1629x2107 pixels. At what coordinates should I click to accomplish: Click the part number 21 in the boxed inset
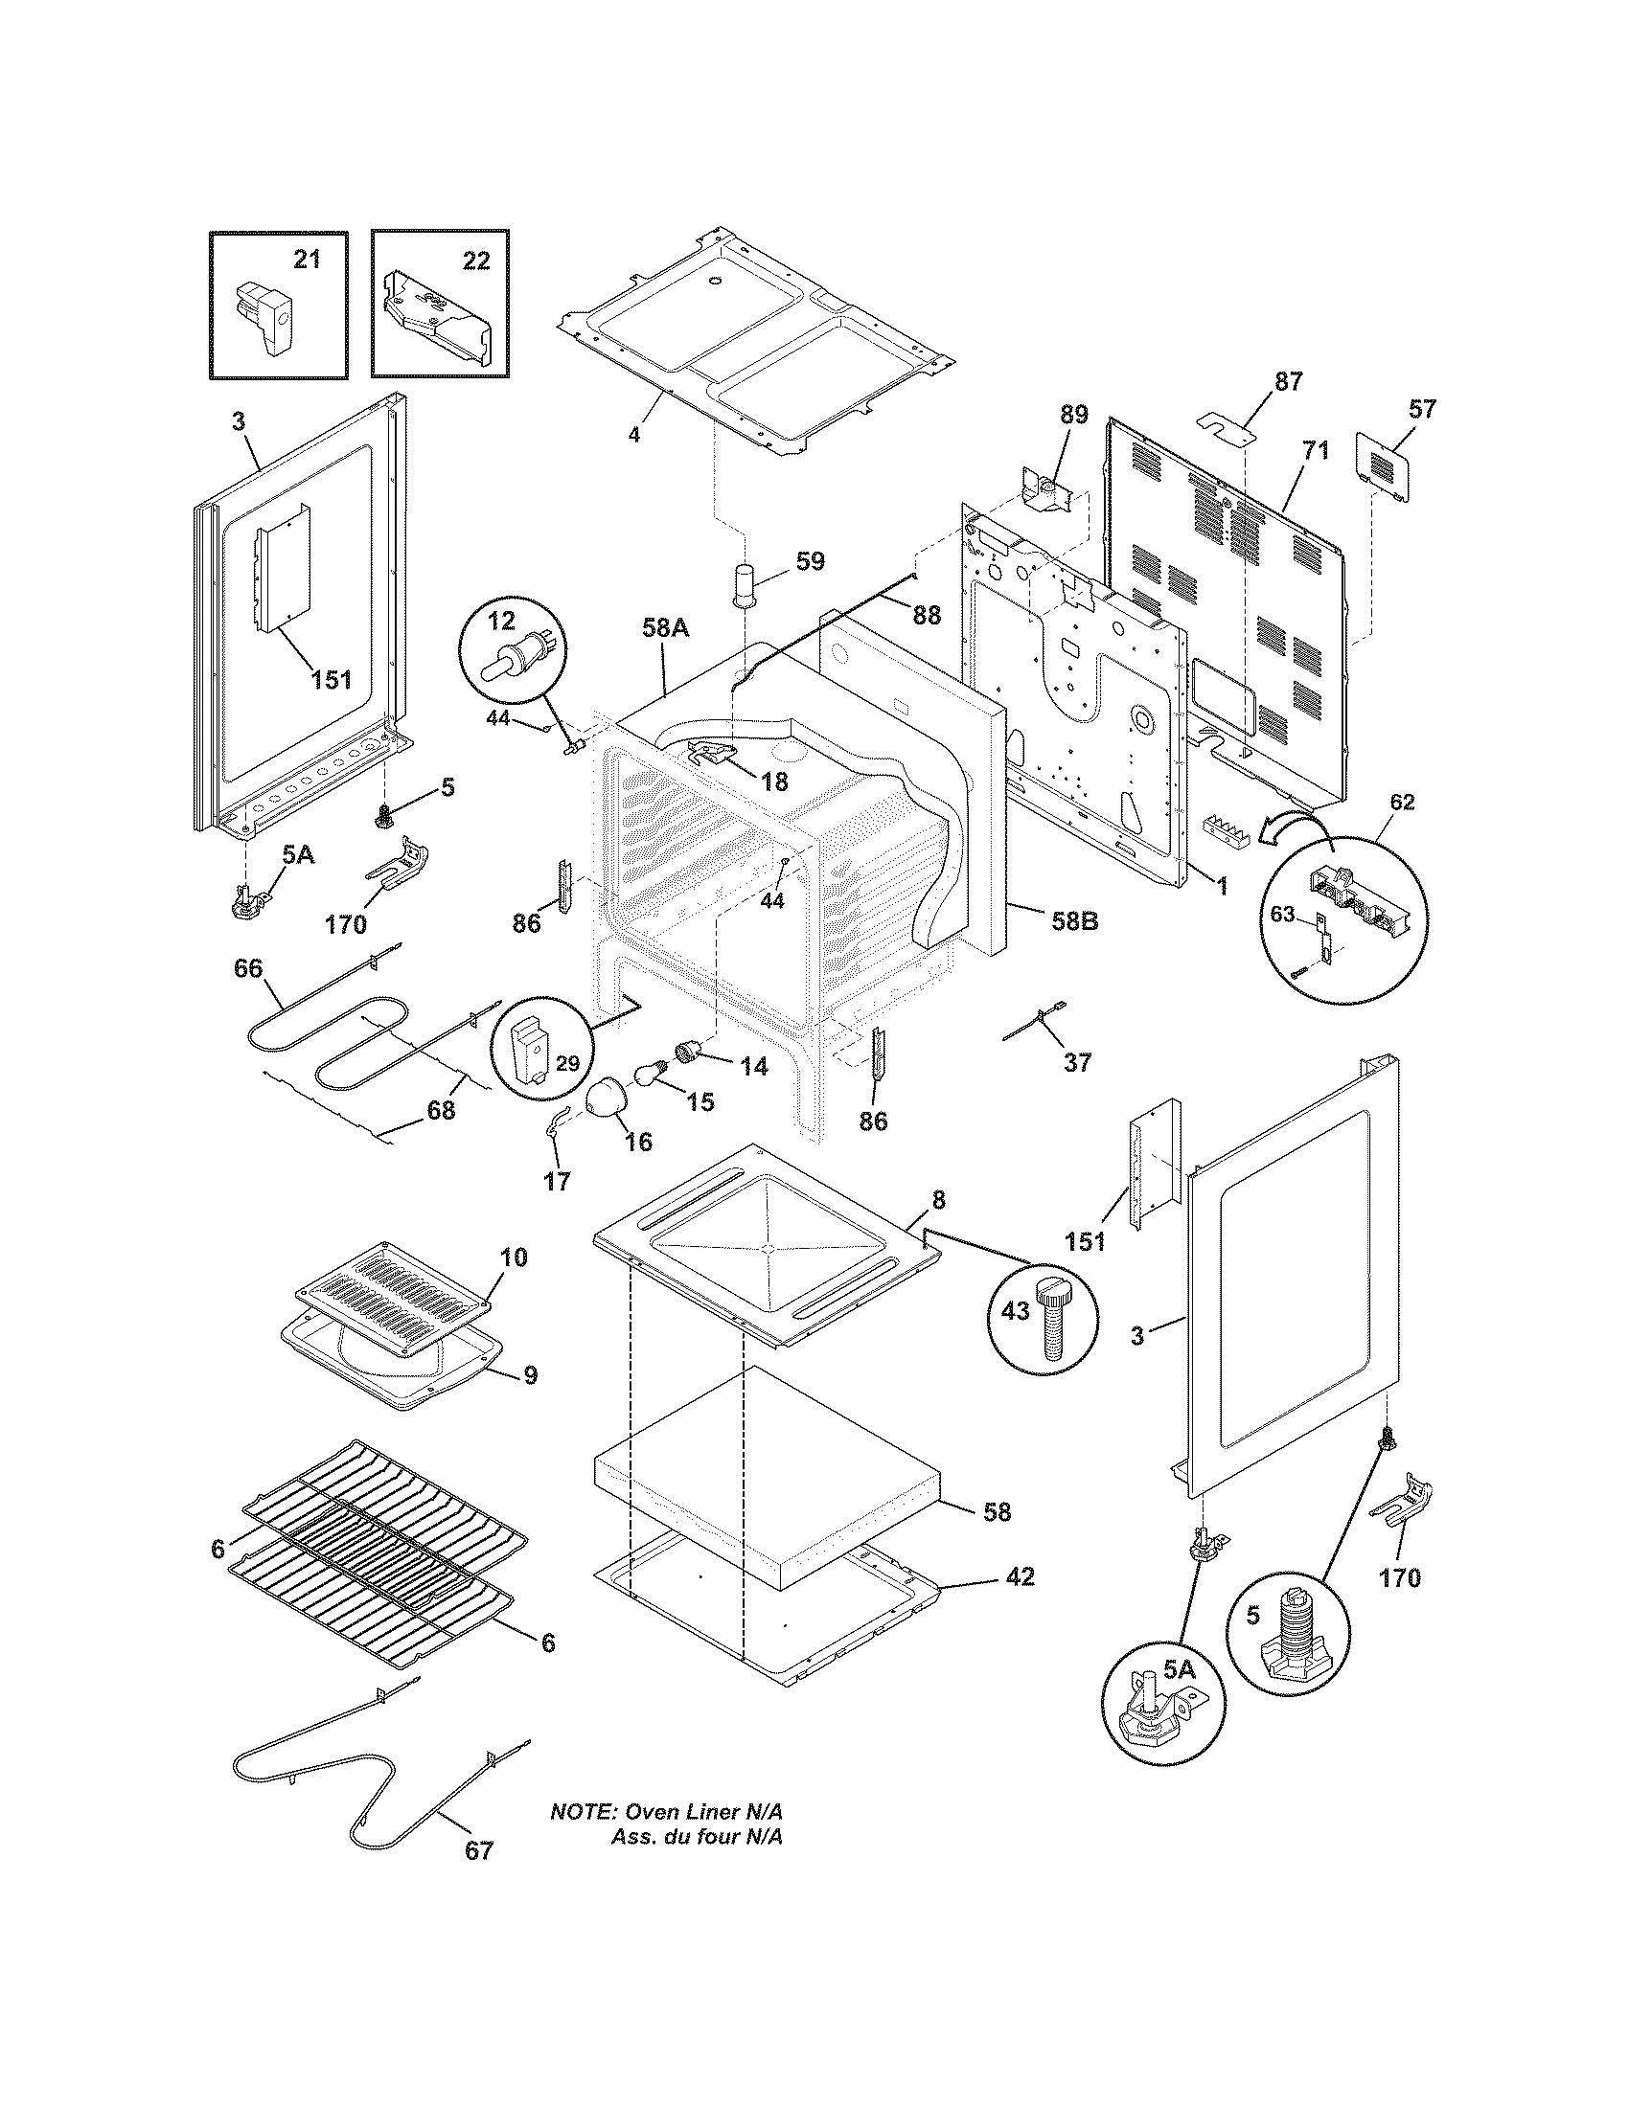pyautogui.click(x=306, y=260)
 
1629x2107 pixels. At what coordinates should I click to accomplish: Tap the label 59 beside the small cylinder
pyautogui.click(x=811, y=561)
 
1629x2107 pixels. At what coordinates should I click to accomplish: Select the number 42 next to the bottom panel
pyautogui.click(x=1020, y=1577)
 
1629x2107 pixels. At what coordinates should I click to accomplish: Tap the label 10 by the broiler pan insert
pyautogui.click(x=514, y=1257)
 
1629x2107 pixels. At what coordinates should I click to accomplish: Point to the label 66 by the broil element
pyautogui.click(x=248, y=967)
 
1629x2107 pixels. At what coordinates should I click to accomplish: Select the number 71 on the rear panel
pyautogui.click(x=1315, y=449)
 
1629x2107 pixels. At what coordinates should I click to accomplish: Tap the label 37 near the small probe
pyautogui.click(x=1077, y=1062)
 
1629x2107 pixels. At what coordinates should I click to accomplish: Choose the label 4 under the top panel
pyautogui.click(x=634, y=434)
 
